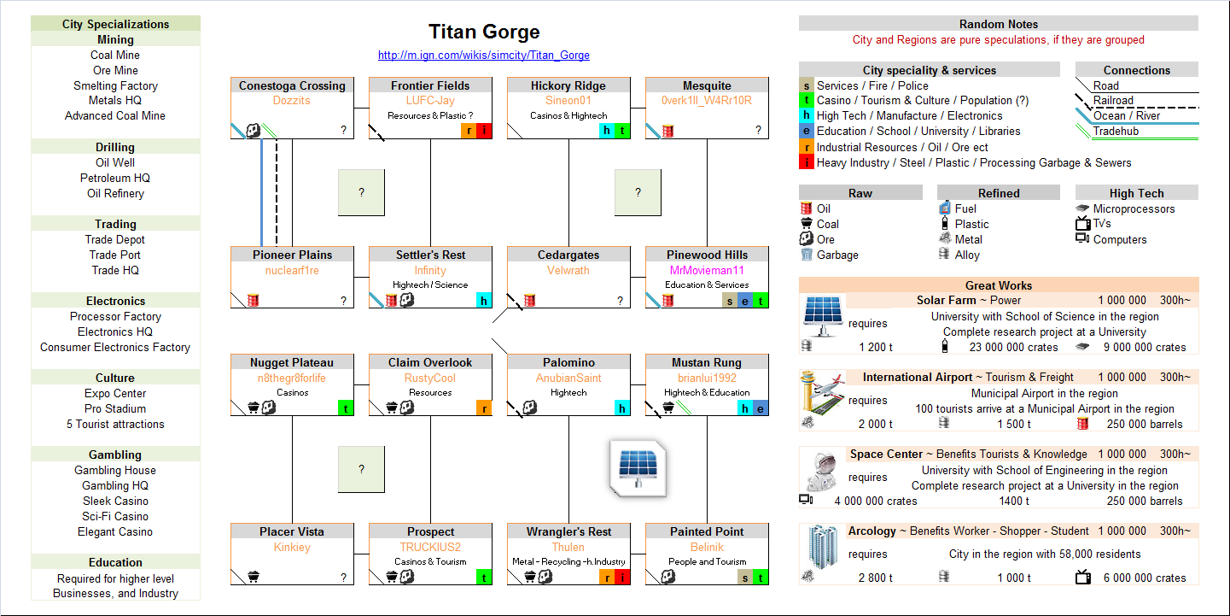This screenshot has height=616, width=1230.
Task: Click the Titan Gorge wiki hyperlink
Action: click(x=484, y=56)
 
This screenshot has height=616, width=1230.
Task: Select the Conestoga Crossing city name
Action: click(x=292, y=85)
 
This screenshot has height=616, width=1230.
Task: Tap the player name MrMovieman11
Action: click(x=707, y=271)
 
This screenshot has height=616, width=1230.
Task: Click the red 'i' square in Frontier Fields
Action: click(x=484, y=131)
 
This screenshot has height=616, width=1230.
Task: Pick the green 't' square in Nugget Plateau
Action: click(x=346, y=408)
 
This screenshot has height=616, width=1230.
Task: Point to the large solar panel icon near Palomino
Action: click(x=638, y=468)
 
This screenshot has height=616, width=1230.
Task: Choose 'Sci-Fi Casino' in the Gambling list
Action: click(x=115, y=516)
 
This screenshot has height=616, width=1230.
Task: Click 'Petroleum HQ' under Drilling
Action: click(x=115, y=178)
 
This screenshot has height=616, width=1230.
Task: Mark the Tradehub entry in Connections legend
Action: click(x=1116, y=131)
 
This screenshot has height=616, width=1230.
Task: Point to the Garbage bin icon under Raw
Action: click(x=806, y=255)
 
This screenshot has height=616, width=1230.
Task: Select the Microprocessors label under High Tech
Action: click(x=1134, y=208)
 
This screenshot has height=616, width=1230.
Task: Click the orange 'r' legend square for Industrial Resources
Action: click(x=807, y=147)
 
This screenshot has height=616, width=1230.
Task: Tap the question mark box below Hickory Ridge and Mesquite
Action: click(x=638, y=192)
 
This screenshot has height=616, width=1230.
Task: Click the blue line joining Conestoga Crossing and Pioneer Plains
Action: click(x=261, y=192)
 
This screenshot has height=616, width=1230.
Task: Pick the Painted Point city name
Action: click(x=707, y=531)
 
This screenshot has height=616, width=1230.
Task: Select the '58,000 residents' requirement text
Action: click(x=1045, y=554)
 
